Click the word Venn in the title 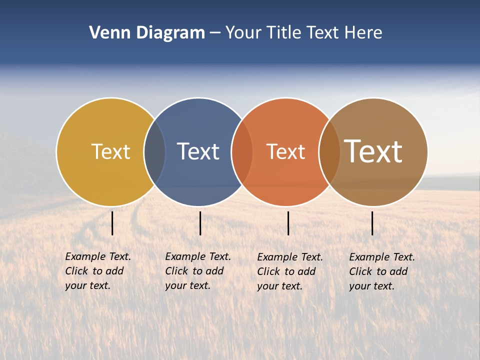[107, 33]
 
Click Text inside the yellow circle [110, 151]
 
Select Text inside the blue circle [198, 151]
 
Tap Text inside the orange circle [285, 151]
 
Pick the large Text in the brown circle [373, 151]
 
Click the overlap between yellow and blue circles [154, 152]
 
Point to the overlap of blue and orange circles [242, 152]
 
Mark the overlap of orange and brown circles [329, 152]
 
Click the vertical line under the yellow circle [112, 223]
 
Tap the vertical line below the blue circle [200, 223]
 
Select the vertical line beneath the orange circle [288, 223]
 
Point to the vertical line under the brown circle [372, 223]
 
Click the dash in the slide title [215, 33]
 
